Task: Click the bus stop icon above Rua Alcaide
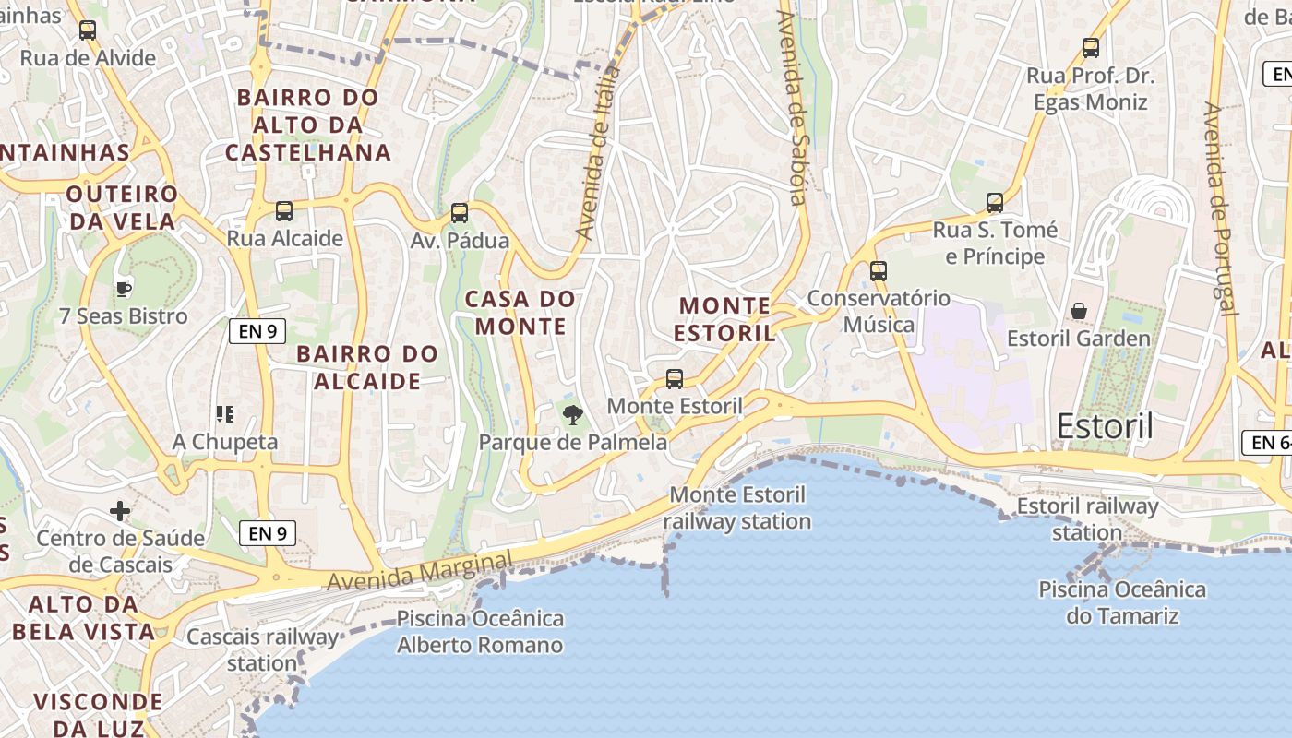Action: pyautogui.click(x=284, y=211)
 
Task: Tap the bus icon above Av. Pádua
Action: pyautogui.click(x=460, y=213)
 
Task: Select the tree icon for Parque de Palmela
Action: pyautogui.click(x=573, y=414)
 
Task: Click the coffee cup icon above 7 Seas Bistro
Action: pyautogui.click(x=124, y=289)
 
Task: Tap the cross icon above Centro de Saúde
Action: pyautogui.click(x=120, y=510)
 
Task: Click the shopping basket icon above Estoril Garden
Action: pyautogui.click(x=1078, y=311)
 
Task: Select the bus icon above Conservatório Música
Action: pyautogui.click(x=879, y=271)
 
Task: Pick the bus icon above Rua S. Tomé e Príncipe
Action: pyautogui.click(x=995, y=202)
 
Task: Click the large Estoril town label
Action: pyautogui.click(x=1105, y=426)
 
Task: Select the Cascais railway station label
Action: pyautogui.click(x=262, y=649)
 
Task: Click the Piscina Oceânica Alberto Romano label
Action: pyautogui.click(x=480, y=632)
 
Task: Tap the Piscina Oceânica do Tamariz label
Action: pyautogui.click(x=1122, y=602)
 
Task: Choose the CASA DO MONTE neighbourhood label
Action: pyautogui.click(x=520, y=312)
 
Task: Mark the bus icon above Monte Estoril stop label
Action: pyautogui.click(x=675, y=378)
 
